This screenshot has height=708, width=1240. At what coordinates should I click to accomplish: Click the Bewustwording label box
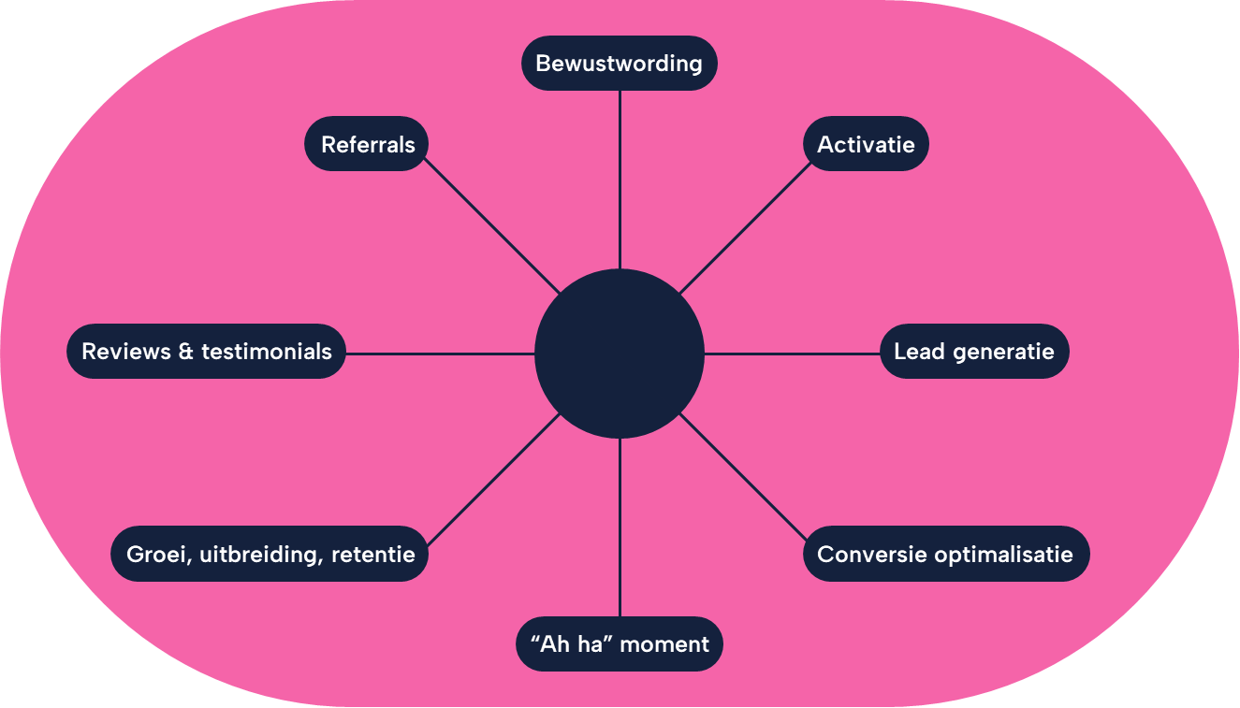coord(619,64)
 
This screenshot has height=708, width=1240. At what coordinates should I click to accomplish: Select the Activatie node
coord(866,144)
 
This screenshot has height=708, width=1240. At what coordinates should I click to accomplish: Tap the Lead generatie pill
coord(973,352)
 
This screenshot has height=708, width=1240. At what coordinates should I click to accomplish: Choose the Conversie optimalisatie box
coord(945,554)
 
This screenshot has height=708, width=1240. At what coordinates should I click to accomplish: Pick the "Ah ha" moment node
coord(619,643)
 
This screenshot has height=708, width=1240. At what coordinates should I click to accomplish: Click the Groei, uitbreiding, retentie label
coord(270,554)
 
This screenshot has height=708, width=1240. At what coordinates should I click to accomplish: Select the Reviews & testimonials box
coord(206,352)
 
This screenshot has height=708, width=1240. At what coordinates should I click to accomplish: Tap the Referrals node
coord(367,144)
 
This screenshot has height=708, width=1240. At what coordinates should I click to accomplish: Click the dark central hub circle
coord(619,354)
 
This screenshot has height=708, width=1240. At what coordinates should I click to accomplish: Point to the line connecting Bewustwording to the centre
coord(620,178)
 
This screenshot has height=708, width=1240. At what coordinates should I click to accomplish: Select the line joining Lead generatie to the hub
coord(792,354)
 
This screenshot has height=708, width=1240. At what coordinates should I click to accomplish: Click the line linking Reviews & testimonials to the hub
coord(440,354)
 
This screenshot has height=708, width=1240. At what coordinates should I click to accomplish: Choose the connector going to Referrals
coord(493,227)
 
